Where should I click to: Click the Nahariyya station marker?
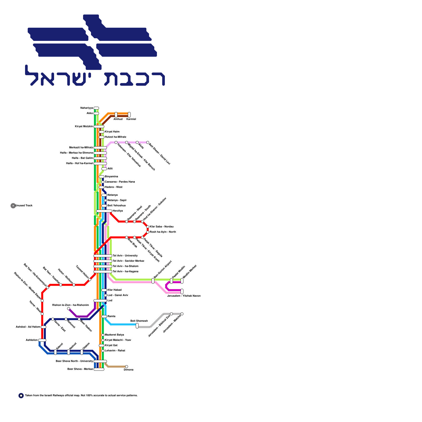pyautogui.click(x=96, y=108)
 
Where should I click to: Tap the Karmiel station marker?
pyautogui.click(x=129, y=115)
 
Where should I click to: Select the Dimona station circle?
pyautogui.click(x=127, y=367)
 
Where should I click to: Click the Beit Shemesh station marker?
pyautogui.click(x=137, y=326)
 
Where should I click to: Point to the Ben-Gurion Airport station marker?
pyautogui.click(x=153, y=281)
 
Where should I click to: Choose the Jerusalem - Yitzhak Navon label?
pyautogui.click(x=184, y=296)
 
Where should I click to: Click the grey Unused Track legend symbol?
pyautogui.click(x=13, y=206)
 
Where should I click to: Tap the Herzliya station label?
pyautogui.click(x=118, y=211)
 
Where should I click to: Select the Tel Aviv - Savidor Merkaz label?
pyautogui.click(x=128, y=261)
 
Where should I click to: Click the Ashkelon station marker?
pyautogui.click(x=42, y=340)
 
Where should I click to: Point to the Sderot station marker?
pyautogui.click(x=55, y=352)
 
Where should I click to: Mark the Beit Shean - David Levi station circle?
pyautogui.click(x=148, y=142)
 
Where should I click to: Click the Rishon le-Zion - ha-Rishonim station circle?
pyautogui.click(x=69, y=309)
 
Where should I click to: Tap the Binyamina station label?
pyautogui.click(x=111, y=177)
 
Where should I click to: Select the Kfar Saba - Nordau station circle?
pyautogui.click(x=148, y=227)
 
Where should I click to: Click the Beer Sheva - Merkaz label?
pyautogui.click(x=80, y=369)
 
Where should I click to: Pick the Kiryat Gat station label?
pyautogui.click(x=111, y=346)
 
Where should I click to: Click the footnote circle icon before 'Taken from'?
pyautogui.click(x=21, y=396)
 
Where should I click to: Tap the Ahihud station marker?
pyautogui.click(x=116, y=115)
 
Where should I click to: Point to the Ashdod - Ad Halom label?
pyautogui.click(x=28, y=327)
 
